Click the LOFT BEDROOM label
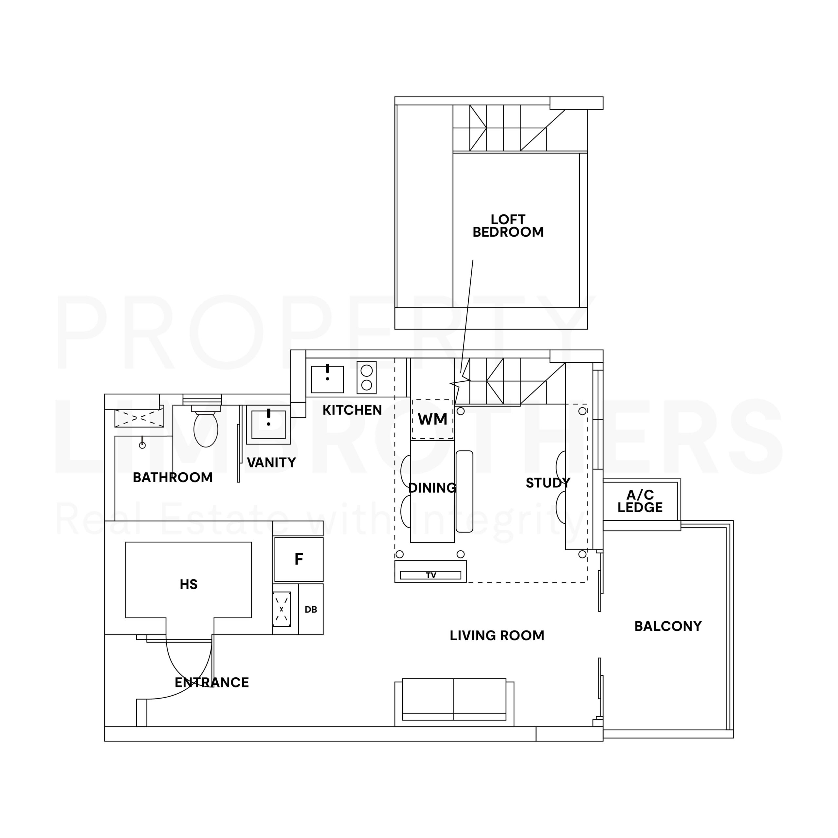pyautogui.click(x=508, y=226)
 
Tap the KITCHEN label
pyautogui.click(x=352, y=410)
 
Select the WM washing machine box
pyautogui.click(x=432, y=419)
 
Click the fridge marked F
pyautogui.click(x=299, y=559)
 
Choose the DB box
pyautogui.click(x=311, y=610)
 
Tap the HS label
pyautogui.click(x=189, y=585)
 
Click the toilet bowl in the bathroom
pyautogui.click(x=206, y=428)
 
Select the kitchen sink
pyautogui.click(x=327, y=379)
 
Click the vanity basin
pyautogui.click(x=268, y=425)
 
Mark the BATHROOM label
pyautogui.click(x=173, y=478)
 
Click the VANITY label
pyautogui.click(x=271, y=463)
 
